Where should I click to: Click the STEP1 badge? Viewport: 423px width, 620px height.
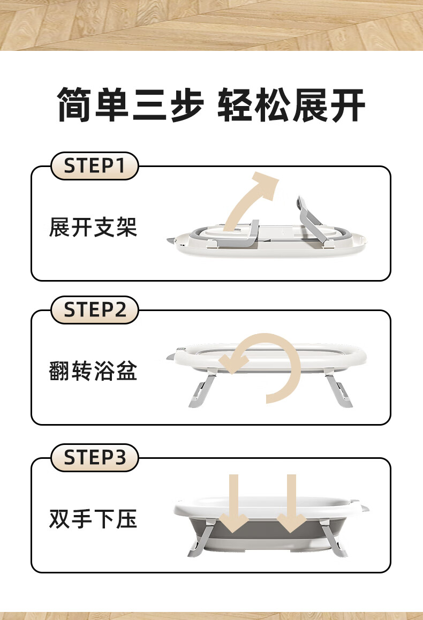(94, 165)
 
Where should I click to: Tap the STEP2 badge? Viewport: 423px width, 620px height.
(94, 309)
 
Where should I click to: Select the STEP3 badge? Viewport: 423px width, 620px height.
(94, 457)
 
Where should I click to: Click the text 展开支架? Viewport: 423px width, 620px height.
(93, 228)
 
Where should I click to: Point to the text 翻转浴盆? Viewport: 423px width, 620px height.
(93, 371)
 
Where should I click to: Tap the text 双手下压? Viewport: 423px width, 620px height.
(93, 519)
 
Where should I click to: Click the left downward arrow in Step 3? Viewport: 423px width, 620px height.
(234, 503)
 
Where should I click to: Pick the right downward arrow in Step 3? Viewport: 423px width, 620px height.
(291, 503)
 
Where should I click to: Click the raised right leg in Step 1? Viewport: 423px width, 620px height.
(312, 223)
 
